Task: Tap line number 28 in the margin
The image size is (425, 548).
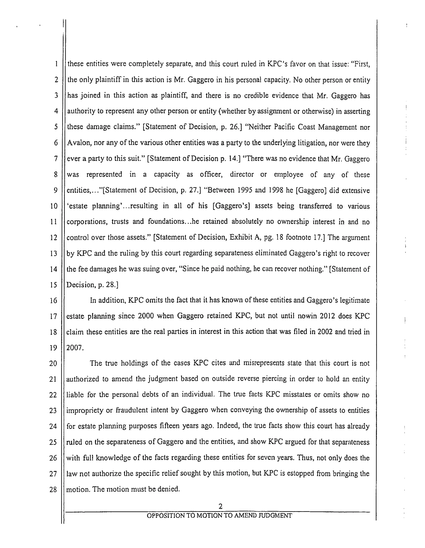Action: coord(53,489)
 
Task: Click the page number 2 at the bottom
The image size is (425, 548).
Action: coord(220,506)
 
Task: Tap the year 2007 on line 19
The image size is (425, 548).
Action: coord(74,348)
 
